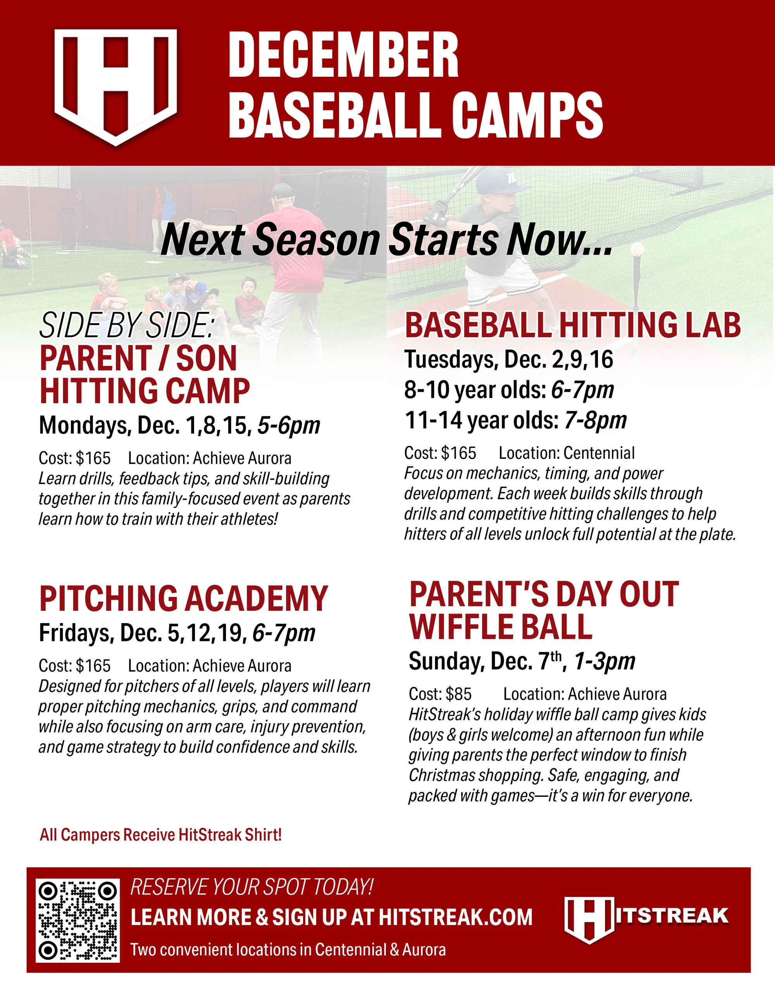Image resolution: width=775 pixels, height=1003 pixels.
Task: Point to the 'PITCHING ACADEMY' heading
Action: click(x=184, y=598)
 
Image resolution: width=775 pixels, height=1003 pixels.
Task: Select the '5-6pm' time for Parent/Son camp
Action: click(x=288, y=425)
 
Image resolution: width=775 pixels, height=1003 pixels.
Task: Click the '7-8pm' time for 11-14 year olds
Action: click(x=596, y=420)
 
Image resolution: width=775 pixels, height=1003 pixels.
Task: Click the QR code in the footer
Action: click(x=77, y=921)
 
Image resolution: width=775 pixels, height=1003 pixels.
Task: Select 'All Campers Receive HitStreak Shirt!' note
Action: click(x=161, y=834)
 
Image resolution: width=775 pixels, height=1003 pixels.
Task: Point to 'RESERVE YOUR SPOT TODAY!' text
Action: click(x=251, y=887)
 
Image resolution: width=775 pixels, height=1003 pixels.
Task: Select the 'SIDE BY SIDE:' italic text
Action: click(x=127, y=325)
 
